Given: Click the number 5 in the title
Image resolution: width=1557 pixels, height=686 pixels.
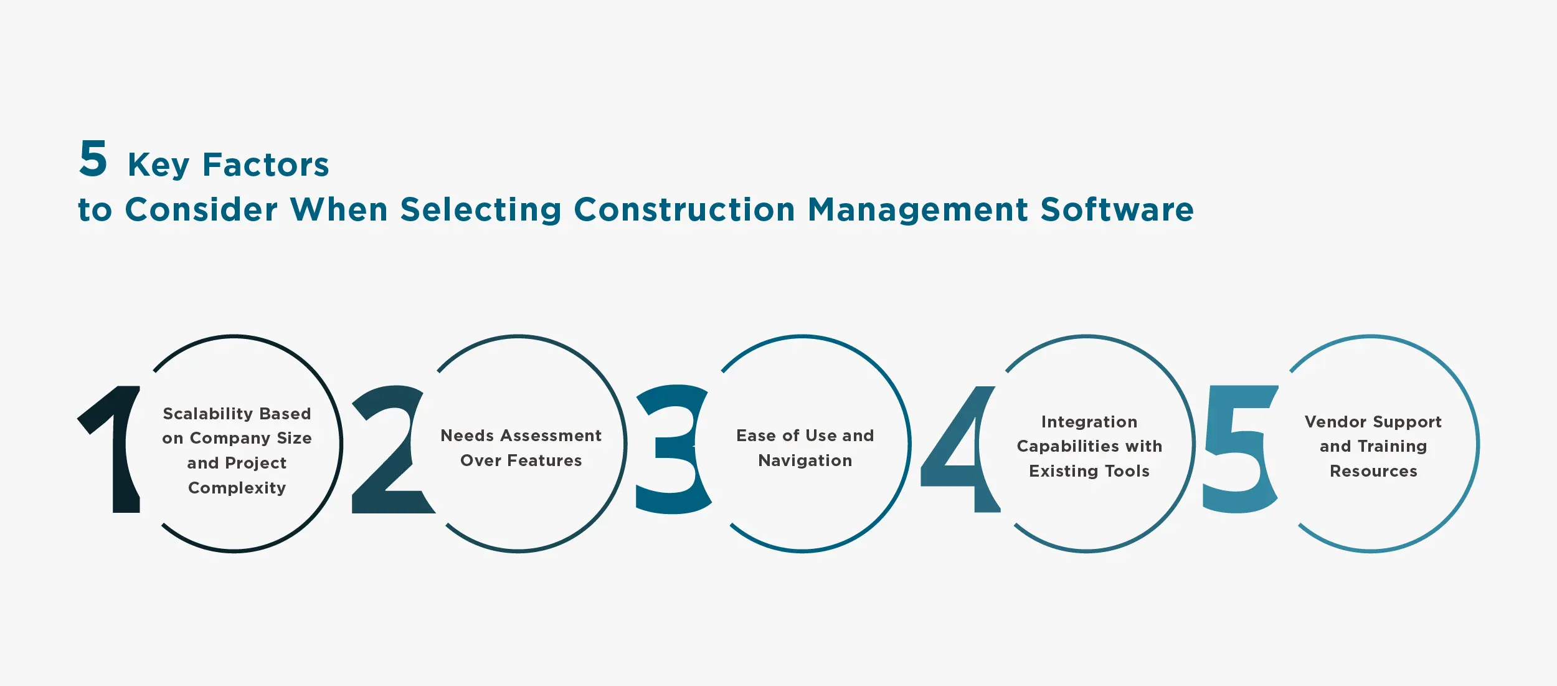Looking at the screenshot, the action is point(93,158).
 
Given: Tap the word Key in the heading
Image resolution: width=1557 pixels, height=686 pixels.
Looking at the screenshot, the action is point(158,165).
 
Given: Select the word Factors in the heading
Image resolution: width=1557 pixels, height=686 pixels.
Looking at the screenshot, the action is point(266,165).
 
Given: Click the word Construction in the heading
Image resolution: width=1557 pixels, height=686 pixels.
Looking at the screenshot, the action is point(684,209).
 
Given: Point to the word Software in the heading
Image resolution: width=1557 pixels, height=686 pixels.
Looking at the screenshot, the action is point(1117,209).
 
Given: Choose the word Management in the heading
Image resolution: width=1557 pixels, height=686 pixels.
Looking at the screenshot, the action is point(918,211).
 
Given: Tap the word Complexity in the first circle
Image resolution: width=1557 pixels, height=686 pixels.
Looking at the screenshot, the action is point(237,488).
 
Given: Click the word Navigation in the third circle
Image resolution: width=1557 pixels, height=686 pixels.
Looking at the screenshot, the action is point(805,460).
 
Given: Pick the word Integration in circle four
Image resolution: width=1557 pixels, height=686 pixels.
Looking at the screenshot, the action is point(1089,422).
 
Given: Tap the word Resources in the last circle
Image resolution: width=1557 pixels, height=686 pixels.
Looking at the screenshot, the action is point(1373,471).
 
